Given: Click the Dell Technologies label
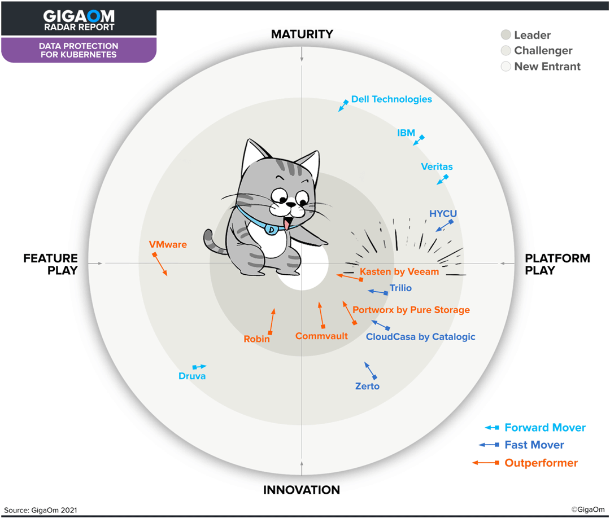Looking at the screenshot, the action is point(391,99).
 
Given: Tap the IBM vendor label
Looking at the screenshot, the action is point(406,133).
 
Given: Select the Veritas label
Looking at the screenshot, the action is point(437,166).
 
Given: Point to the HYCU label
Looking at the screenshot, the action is point(443,214).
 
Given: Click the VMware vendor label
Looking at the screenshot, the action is point(168,245).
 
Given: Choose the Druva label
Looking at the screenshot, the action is point(192,376).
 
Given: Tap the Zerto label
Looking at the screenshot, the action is point(367,387).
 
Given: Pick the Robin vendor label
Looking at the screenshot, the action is point(256,339).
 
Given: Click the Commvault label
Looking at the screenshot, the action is point(321,336).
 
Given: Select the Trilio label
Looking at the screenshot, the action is point(400,288).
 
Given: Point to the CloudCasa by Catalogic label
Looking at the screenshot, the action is point(421,337).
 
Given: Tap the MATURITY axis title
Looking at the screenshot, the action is point(302,34).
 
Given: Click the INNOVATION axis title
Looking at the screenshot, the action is point(302,490).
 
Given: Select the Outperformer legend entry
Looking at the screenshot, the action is point(541,463).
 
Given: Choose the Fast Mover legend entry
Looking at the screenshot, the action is point(534,445).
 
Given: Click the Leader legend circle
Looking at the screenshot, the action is point(506,35).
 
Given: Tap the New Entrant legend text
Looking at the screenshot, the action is point(547,67).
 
